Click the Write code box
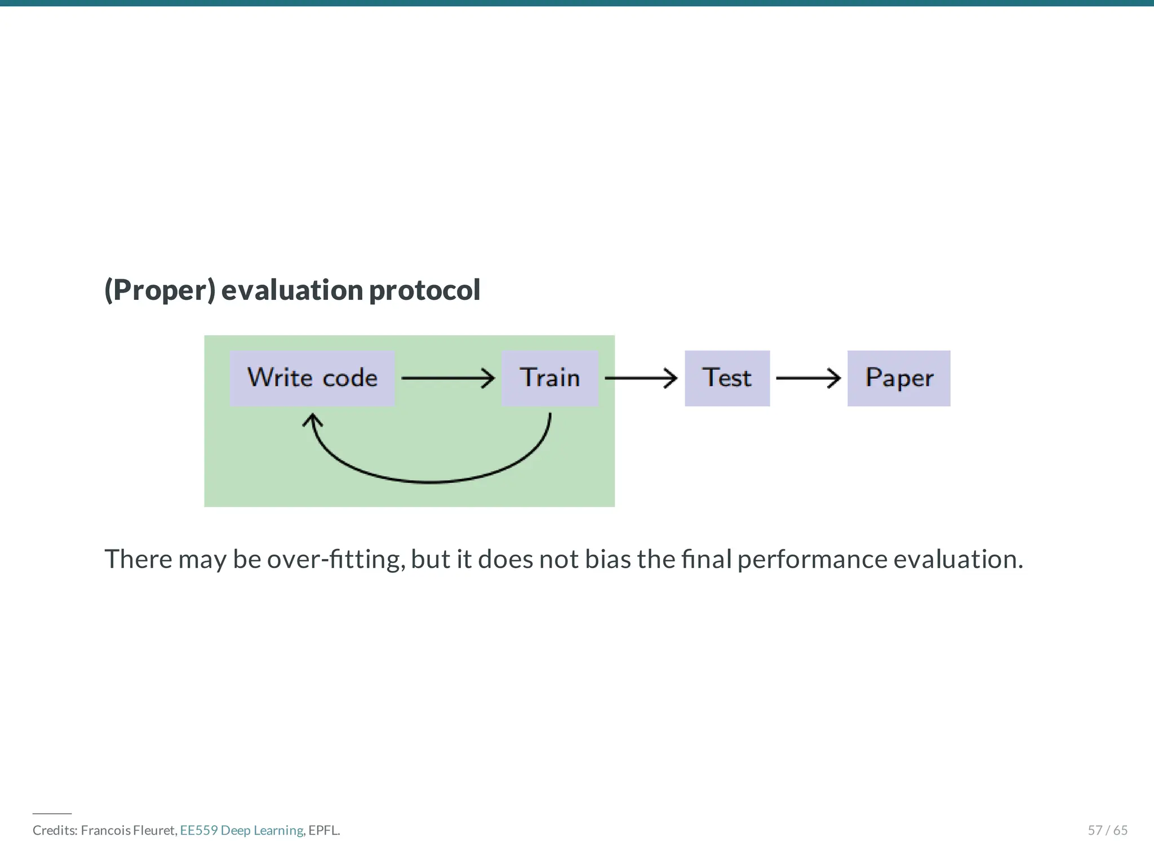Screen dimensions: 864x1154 pos(312,378)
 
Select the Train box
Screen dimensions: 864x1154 pos(549,378)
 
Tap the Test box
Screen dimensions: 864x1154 pos(727,378)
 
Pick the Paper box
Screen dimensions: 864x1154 pos(899,378)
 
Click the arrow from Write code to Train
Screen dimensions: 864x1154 pos(447,378)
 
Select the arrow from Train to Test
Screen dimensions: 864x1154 pos(641,378)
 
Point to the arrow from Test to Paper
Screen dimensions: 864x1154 pos(808,378)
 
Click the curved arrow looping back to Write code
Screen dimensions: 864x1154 pos(429,481)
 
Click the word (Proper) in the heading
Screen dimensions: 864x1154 pos(160,290)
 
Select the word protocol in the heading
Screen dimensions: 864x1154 pos(424,290)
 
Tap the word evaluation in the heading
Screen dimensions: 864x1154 pos(292,290)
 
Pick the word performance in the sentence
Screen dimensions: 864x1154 pos(812,560)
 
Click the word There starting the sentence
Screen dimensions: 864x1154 pos(138,560)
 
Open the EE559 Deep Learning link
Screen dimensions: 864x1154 pos(241,830)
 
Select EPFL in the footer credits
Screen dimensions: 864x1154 pos(323,830)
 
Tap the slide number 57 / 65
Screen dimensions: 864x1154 pos(1107,830)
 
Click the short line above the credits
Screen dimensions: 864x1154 pos(52,814)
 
